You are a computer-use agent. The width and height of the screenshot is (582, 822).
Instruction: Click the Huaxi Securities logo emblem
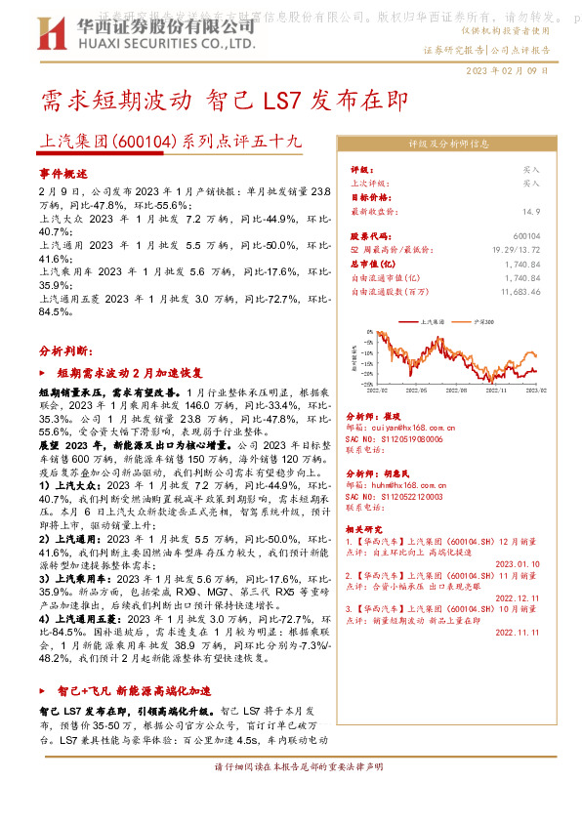point(62,33)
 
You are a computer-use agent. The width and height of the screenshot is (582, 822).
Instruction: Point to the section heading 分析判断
point(65,349)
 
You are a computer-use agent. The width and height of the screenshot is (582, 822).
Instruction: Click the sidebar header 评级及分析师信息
point(448,144)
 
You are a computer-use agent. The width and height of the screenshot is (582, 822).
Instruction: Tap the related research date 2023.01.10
point(517,563)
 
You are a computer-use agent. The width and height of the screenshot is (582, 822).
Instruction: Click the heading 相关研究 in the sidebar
point(366,528)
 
